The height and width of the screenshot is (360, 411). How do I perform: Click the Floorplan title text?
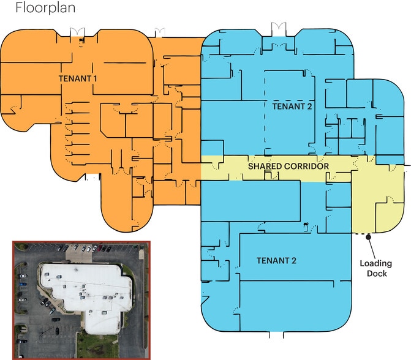(45, 7)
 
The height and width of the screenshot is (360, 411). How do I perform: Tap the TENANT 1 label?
(78, 78)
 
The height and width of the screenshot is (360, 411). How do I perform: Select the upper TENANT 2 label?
(292, 107)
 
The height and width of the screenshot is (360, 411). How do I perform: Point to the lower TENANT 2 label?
(276, 260)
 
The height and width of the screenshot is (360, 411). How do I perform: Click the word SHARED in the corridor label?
(265, 166)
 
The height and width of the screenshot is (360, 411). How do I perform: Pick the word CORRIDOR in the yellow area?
(307, 166)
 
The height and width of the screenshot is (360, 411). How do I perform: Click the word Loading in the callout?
(376, 264)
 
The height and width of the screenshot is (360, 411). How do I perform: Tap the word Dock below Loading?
(377, 274)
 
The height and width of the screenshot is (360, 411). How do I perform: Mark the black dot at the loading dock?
(368, 237)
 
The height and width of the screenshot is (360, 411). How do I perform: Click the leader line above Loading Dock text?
(372, 249)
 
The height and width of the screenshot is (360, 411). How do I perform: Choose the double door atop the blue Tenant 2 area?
(278, 29)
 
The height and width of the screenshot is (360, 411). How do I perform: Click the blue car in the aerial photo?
(23, 284)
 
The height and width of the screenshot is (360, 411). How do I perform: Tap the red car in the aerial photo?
(100, 248)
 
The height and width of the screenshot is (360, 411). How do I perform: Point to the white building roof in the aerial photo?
(86, 291)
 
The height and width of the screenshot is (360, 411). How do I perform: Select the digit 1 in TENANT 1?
(95, 78)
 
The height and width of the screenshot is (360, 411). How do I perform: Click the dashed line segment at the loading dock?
(361, 234)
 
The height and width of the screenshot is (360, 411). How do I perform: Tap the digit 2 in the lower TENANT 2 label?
(293, 260)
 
